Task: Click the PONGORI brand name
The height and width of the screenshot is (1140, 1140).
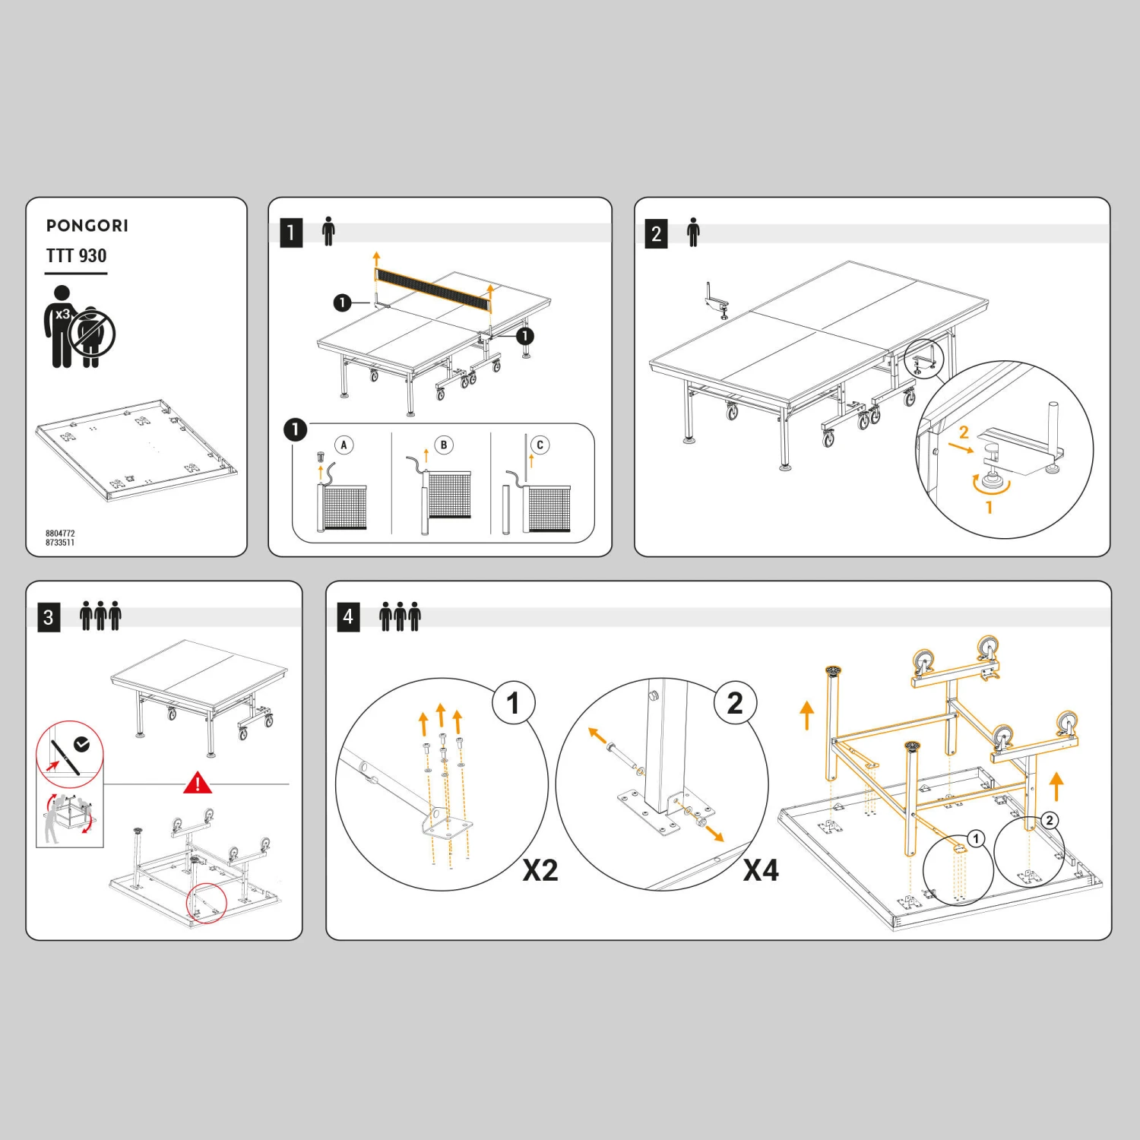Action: pyautogui.click(x=87, y=226)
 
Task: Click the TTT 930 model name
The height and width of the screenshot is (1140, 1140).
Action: pyautogui.click(x=76, y=255)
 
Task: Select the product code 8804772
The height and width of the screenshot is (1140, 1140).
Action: pyautogui.click(x=60, y=534)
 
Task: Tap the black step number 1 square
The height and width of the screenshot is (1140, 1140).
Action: pyautogui.click(x=291, y=233)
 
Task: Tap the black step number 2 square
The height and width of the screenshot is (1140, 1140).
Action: pyautogui.click(x=656, y=233)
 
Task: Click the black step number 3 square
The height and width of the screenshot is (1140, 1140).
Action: pyautogui.click(x=49, y=617)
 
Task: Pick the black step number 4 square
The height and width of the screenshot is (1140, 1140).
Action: pyautogui.click(x=348, y=616)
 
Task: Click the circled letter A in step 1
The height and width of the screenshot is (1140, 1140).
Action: pyautogui.click(x=344, y=445)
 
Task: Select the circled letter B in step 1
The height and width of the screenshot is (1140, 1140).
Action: pyautogui.click(x=444, y=445)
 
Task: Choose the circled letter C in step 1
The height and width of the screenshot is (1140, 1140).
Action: pyautogui.click(x=540, y=445)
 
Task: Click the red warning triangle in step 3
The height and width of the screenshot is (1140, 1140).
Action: pyautogui.click(x=198, y=782)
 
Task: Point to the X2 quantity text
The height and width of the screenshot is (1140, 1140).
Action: pyautogui.click(x=540, y=870)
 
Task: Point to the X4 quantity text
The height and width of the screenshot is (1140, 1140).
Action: pyautogui.click(x=761, y=870)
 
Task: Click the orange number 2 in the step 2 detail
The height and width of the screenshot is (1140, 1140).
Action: pyautogui.click(x=964, y=432)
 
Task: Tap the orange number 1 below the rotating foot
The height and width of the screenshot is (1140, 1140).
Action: pyautogui.click(x=989, y=507)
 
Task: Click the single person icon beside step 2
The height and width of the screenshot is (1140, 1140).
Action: pyautogui.click(x=693, y=232)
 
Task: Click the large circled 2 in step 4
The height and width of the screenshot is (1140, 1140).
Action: pyautogui.click(x=735, y=703)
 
